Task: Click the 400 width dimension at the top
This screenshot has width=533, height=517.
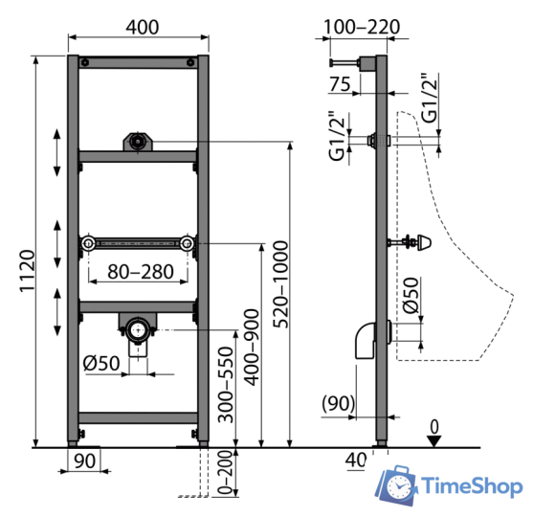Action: [142, 27]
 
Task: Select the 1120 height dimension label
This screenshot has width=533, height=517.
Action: [27, 271]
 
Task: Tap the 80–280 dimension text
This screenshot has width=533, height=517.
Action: [141, 272]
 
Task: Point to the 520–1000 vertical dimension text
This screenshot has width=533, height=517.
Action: [281, 284]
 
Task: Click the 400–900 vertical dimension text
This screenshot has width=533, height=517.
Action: [253, 348]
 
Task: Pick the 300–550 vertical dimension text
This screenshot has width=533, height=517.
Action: [226, 385]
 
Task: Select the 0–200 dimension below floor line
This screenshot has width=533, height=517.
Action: [226, 472]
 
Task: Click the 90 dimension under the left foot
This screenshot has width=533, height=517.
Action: [84, 461]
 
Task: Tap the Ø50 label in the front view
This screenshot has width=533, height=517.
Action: [101, 363]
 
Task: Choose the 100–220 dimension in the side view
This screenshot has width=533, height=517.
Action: [362, 27]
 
